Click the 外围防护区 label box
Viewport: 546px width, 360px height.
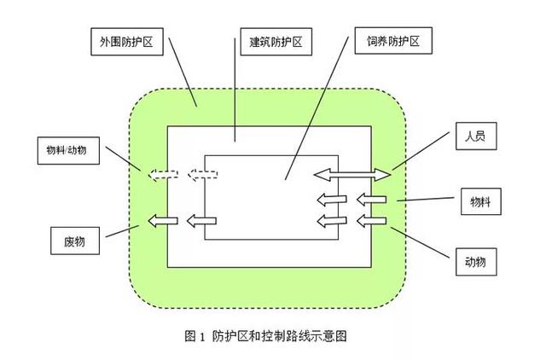click(127, 42)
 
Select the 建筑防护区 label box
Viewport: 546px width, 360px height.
click(276, 42)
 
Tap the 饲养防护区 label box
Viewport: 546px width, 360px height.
click(393, 41)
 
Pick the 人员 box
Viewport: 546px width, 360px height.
click(476, 136)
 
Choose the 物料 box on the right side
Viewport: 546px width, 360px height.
click(481, 201)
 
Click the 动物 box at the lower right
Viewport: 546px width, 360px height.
click(476, 262)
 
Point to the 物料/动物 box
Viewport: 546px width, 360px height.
click(68, 150)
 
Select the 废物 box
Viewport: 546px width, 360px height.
click(75, 241)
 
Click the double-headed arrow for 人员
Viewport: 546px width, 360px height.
click(352, 174)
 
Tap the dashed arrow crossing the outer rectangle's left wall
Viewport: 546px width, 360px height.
click(163, 174)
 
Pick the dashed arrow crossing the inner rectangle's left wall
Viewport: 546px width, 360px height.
click(203, 174)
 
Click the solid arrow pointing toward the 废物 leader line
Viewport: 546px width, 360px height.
click(163, 221)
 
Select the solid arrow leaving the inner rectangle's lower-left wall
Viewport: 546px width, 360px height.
click(201, 221)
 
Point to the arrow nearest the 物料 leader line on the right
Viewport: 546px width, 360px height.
click(371, 200)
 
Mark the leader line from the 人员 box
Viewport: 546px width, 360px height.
click(421, 151)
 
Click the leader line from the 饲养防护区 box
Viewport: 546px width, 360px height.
click(317, 108)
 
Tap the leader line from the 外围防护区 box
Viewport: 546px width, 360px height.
click(183, 72)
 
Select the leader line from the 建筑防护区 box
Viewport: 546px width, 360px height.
click(235, 90)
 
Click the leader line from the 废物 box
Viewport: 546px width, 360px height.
click(123, 231)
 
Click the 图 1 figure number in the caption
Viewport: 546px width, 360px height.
click(195, 336)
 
